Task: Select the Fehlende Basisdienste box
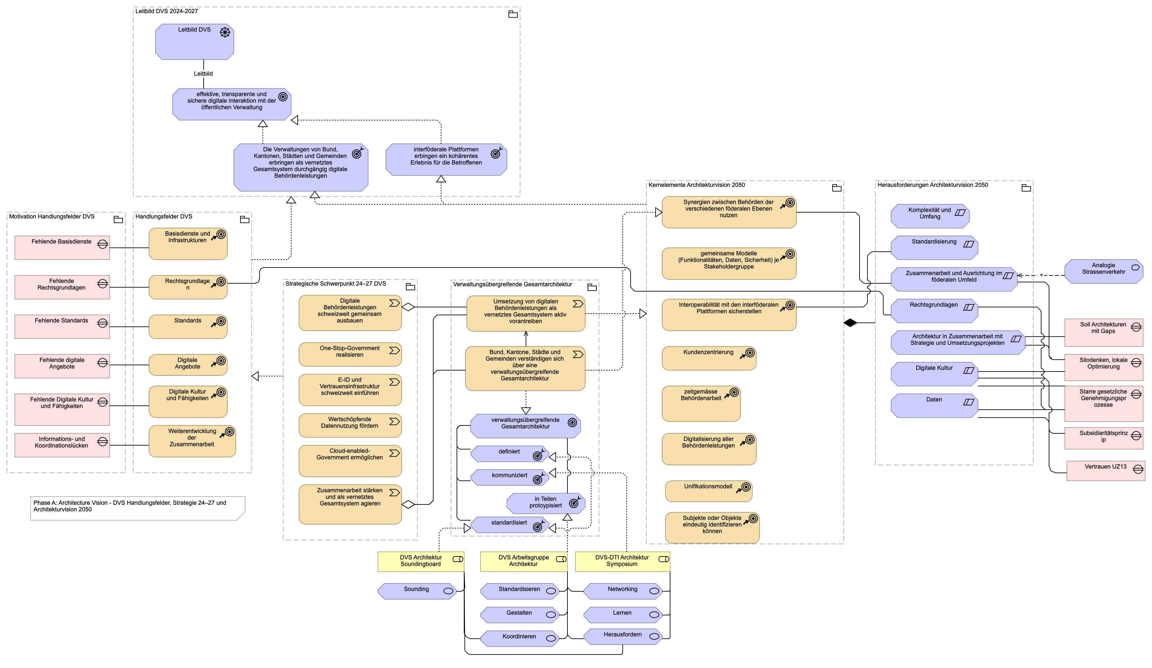[x=62, y=248]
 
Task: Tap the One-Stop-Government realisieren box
[x=350, y=354]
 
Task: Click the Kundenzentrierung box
[x=709, y=358]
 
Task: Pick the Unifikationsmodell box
[x=709, y=491]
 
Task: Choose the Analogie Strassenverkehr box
[x=1104, y=271]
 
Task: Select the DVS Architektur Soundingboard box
[x=421, y=561]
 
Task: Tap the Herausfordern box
[x=623, y=636]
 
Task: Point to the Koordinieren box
[x=519, y=638]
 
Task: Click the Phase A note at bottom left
[x=138, y=508]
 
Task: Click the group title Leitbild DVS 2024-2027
[x=166, y=11]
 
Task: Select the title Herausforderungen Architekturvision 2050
[x=933, y=185]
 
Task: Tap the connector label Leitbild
[x=203, y=74]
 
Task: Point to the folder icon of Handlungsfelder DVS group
[x=244, y=219]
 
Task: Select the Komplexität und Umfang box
[x=930, y=216]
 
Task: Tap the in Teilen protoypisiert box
[x=546, y=503]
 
